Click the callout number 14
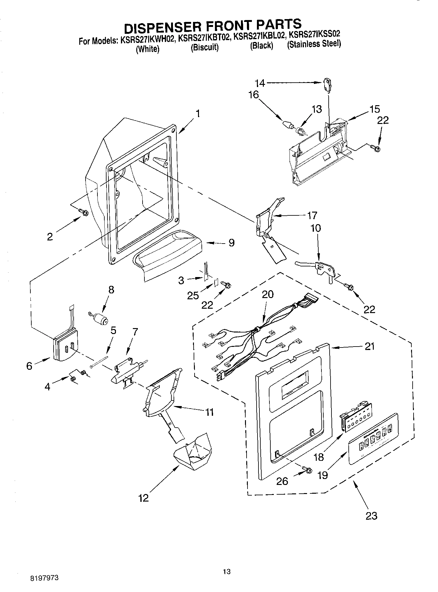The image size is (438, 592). [260, 83]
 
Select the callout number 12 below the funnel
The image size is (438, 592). [143, 498]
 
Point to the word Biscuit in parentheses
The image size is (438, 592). [204, 48]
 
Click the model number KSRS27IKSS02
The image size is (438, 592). [314, 34]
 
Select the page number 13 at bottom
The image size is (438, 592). [227, 572]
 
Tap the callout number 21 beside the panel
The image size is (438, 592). [370, 347]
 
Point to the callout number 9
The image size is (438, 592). [231, 243]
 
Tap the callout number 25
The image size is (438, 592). [193, 295]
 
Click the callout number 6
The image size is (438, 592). [29, 366]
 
